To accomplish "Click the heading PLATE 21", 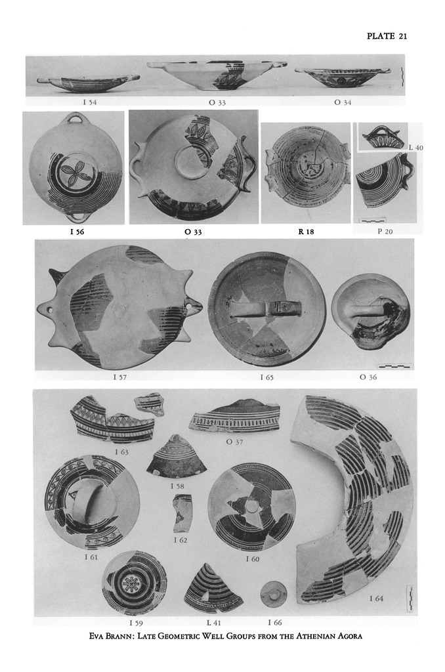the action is pos(387,36).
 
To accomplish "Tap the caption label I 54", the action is pos(90,102).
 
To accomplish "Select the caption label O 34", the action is pos(343,102).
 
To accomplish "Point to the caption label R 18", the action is pos(306,232).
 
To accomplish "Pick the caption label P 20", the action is pos(385,232).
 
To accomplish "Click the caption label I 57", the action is pos(120,377).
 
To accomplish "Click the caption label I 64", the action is pos(376,598).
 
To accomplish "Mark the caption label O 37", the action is pos(234,442).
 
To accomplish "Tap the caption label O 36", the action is pos(368,377).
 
